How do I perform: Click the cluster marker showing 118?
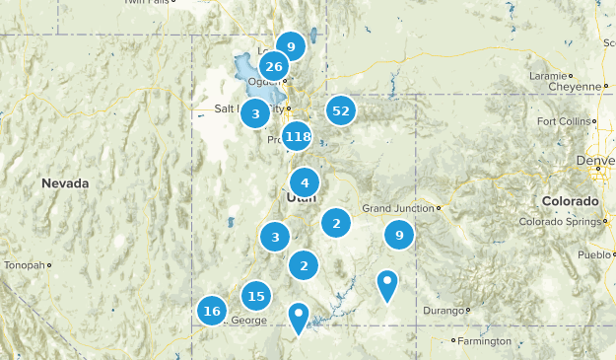point(298,137)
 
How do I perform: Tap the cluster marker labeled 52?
point(341,111)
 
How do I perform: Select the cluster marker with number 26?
point(274,67)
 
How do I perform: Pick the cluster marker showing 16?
point(211,311)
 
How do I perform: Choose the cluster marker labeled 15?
point(256,295)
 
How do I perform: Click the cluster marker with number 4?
point(305,182)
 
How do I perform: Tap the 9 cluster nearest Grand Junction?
point(399,235)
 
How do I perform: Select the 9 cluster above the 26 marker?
point(291,45)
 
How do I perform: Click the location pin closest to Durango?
point(388,285)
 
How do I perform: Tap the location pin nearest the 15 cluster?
point(299,317)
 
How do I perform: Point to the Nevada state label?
point(65,183)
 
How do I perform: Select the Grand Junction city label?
point(398,208)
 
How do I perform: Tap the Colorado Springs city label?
point(558,222)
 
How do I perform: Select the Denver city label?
point(596,160)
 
